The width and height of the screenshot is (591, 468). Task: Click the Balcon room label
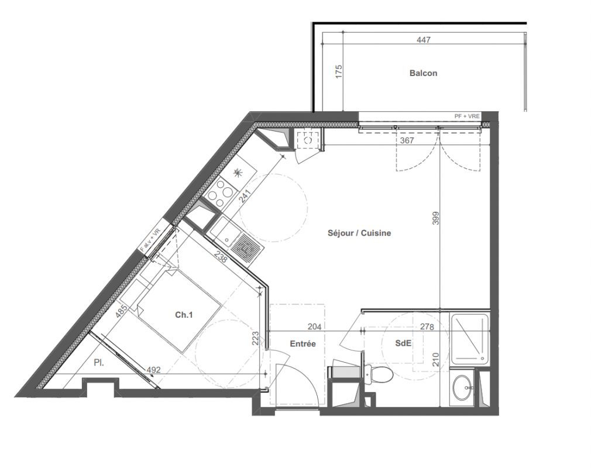coord(423,73)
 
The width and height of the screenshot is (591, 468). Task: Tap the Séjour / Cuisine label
coord(359,233)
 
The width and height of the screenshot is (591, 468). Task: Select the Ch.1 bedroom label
coord(184,315)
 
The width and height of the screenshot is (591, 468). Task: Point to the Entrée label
coord(303,343)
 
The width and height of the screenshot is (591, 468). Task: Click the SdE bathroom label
coord(403,343)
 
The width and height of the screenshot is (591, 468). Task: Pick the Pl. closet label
coord(99,363)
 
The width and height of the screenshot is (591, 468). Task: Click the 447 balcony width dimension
coord(424,40)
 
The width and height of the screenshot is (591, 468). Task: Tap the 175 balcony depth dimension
coord(338,71)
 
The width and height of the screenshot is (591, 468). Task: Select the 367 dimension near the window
coord(407,140)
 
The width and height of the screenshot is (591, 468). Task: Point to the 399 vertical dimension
coord(436,218)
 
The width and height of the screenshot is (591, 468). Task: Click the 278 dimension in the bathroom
coord(427,326)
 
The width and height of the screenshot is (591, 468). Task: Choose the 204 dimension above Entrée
coord(314,326)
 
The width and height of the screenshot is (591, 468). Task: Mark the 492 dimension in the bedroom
coord(153,370)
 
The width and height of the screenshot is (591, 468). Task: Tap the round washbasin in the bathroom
coord(463,388)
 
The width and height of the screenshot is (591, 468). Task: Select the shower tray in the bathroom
coord(470,339)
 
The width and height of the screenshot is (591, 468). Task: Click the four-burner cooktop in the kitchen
coord(221,192)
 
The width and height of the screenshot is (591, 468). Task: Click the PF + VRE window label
coord(467,116)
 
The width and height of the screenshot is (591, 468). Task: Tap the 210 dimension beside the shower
coord(436,359)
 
